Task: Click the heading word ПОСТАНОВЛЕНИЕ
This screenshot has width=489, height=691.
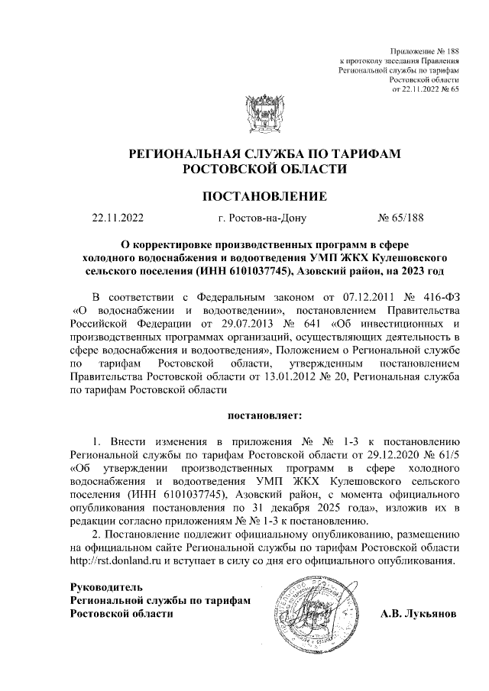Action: coord(264,196)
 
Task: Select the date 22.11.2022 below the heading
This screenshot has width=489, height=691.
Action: coord(117,219)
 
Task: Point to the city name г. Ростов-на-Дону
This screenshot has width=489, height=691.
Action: coord(261,219)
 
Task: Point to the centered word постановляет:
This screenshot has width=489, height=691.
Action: coord(264,415)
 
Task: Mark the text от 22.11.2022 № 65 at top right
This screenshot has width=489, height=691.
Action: coord(425,89)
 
